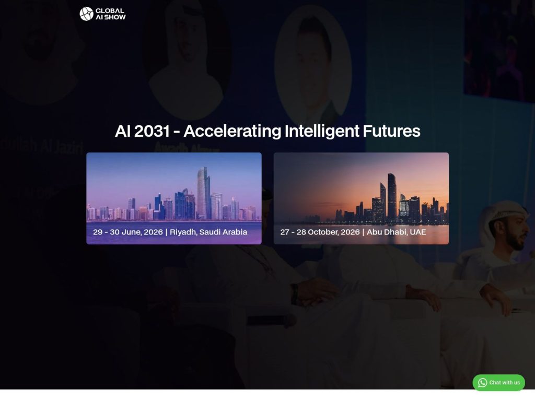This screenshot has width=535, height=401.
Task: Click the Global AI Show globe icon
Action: click(x=86, y=14)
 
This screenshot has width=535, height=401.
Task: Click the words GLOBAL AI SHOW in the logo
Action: click(x=110, y=14)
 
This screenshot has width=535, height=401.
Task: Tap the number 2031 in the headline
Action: click(x=152, y=131)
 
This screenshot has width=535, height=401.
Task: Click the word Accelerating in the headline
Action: click(x=232, y=131)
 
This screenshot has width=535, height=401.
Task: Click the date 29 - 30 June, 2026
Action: click(x=127, y=232)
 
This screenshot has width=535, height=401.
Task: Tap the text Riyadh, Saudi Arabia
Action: click(x=209, y=232)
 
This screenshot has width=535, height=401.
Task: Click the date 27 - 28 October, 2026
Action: click(x=320, y=232)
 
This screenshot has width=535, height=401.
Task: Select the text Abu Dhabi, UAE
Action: click(x=397, y=232)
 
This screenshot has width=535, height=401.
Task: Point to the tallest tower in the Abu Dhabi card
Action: click(x=391, y=196)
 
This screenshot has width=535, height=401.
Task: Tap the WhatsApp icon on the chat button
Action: click(x=482, y=383)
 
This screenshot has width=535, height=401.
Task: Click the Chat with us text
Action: click(x=505, y=383)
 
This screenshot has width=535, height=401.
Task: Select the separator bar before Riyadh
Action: click(x=166, y=232)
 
